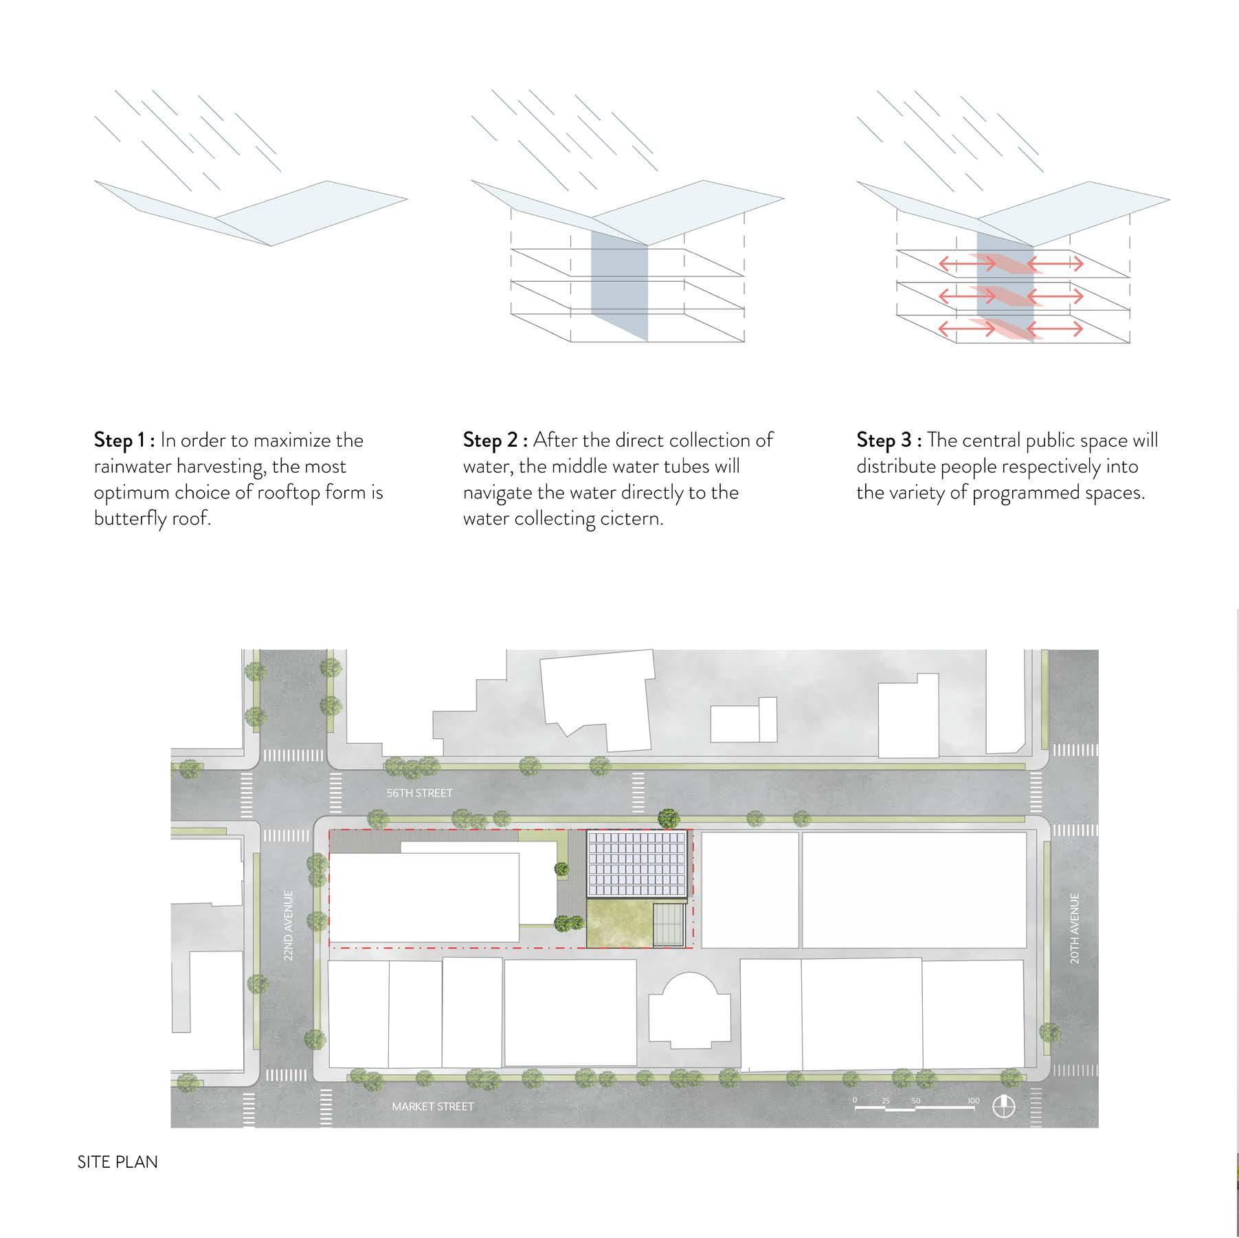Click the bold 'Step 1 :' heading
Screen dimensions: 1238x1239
(x=125, y=440)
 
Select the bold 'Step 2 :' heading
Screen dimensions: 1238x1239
(x=495, y=440)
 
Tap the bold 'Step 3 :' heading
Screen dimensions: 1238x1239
(x=889, y=440)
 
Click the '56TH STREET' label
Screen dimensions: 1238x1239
(x=419, y=793)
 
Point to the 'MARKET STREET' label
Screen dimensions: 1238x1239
(x=432, y=1106)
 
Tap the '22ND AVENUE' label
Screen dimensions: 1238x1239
(x=289, y=925)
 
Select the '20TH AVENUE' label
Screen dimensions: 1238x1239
(x=1075, y=928)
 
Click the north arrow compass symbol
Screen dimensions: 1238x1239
(x=1004, y=1106)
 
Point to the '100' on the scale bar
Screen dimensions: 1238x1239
(x=972, y=1101)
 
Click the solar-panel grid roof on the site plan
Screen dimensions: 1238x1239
(x=637, y=864)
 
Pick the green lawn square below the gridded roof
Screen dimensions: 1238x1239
(x=618, y=925)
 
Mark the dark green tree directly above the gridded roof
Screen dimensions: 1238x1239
(x=668, y=818)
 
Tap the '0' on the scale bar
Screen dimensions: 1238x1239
(x=855, y=1101)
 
